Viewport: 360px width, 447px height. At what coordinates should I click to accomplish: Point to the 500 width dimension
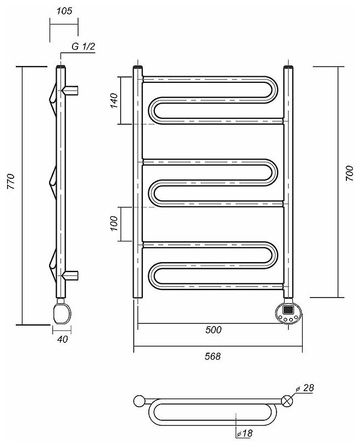pos(214,330)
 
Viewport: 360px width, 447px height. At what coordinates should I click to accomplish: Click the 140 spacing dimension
pos(114,101)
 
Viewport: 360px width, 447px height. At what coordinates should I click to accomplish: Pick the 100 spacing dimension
pos(114,224)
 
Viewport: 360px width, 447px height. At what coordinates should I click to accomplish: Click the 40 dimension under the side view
pos(63,340)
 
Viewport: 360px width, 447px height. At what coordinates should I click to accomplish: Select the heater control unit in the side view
pos(62,313)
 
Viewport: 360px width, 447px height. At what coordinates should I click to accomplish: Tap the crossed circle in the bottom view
pos(287,401)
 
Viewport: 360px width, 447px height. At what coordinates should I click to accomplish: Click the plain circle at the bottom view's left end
pos(139,401)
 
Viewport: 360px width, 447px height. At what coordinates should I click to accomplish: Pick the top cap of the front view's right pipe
pos(289,68)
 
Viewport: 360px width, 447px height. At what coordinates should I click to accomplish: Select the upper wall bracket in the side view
pos(72,88)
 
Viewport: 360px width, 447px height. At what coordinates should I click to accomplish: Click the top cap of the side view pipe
pos(61,68)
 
